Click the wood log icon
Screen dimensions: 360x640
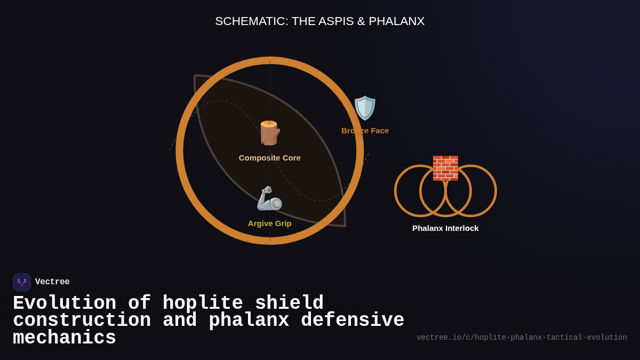pos(269,133)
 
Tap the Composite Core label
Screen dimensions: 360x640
pos(269,158)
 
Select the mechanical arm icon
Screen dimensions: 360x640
pos(269,198)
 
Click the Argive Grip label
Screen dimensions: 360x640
pos(269,223)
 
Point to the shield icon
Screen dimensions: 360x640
pos(365,108)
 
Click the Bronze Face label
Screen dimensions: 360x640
pos(365,131)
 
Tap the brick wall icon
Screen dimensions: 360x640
pos(445,168)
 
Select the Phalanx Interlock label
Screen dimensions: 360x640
pos(445,228)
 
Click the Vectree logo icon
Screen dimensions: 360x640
pos(22,282)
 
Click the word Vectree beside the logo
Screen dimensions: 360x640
pos(52,282)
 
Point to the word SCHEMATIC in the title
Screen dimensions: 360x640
pos(251,21)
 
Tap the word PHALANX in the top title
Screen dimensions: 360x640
pos(396,21)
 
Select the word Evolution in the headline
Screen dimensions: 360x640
pos(65,303)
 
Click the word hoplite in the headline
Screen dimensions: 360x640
pos(203,303)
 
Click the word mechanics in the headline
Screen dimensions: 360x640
pos(65,338)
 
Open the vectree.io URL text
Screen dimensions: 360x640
pos(522,338)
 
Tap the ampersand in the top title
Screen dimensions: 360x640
pos(361,21)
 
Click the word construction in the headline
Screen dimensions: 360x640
pos(82,321)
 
